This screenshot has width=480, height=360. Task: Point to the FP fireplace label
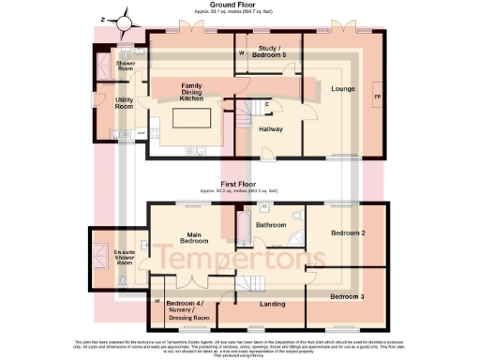click(377, 97)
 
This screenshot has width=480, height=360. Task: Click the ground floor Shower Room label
click(125, 67)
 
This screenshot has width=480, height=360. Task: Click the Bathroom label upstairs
click(271, 225)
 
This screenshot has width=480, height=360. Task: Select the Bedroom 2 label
click(348, 232)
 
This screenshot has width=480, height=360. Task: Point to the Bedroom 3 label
click(348, 296)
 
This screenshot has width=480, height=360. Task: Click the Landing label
click(274, 302)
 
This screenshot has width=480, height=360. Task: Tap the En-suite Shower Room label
click(124, 255)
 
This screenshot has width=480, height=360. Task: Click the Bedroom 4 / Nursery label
click(187, 309)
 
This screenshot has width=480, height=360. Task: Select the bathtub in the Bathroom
click(243, 228)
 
